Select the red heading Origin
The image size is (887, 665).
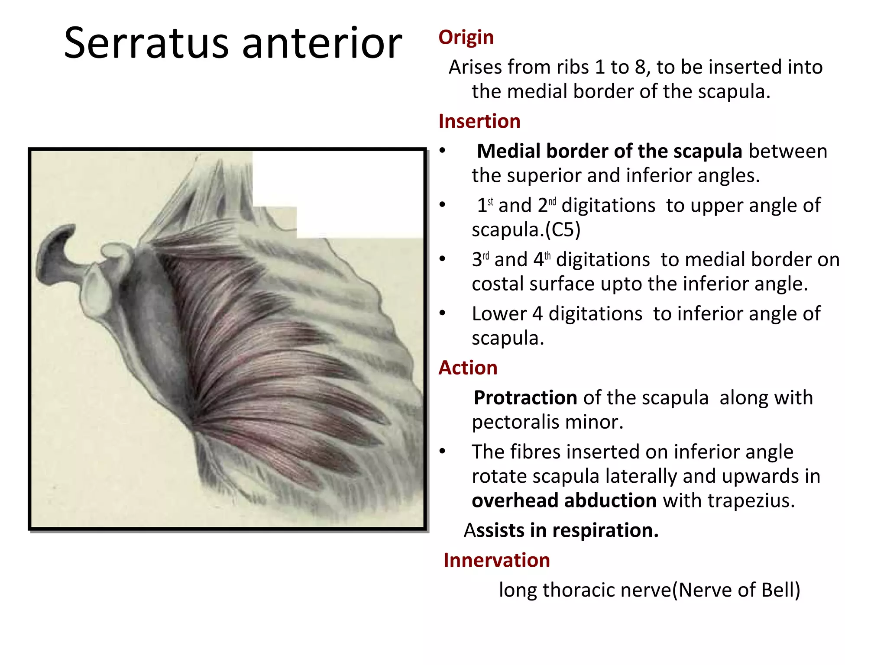466,37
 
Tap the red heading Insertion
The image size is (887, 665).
479,121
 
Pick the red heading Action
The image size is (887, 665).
468,368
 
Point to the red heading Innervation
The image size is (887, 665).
496,560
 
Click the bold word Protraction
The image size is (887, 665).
525,398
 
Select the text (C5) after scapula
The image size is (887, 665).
563,229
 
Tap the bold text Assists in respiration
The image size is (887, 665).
561,530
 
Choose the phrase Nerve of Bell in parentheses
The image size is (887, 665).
736,590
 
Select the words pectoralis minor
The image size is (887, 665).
547,422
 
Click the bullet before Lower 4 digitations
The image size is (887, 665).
442,313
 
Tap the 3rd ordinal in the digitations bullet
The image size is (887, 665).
480,259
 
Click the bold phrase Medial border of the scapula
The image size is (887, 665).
609,152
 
